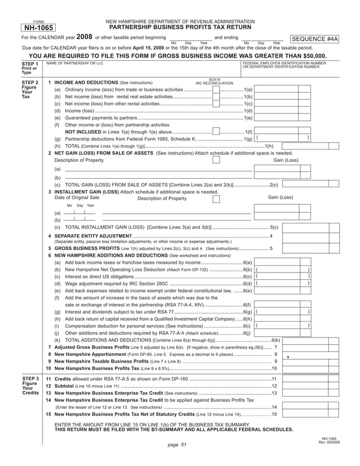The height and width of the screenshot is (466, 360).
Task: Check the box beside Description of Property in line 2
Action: tap(216, 160)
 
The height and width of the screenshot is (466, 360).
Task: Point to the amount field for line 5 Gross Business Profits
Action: tap(305, 248)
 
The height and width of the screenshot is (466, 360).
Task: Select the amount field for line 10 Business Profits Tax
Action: tap(305, 368)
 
